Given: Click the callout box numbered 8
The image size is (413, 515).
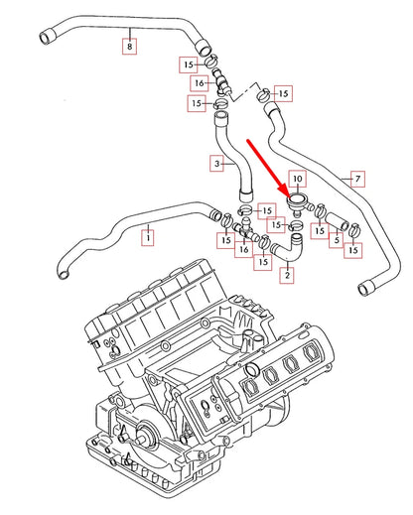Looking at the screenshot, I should pos(130,46).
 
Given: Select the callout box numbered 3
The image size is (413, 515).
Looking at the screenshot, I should pos(217,162).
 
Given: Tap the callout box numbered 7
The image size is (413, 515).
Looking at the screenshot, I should pos(356,179).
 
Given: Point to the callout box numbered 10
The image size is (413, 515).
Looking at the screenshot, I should pos(300,180).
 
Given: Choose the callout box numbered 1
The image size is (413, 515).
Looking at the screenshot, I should pos(149,238).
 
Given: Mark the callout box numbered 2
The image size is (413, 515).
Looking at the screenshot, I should pos(287,274).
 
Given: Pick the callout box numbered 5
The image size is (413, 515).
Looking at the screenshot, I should pos(339,239).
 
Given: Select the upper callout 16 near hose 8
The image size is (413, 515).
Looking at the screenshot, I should pos(199,83).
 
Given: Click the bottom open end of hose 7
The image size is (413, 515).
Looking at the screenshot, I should pos(359,289).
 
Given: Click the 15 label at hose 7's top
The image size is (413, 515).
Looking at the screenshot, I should pos(283,93).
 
